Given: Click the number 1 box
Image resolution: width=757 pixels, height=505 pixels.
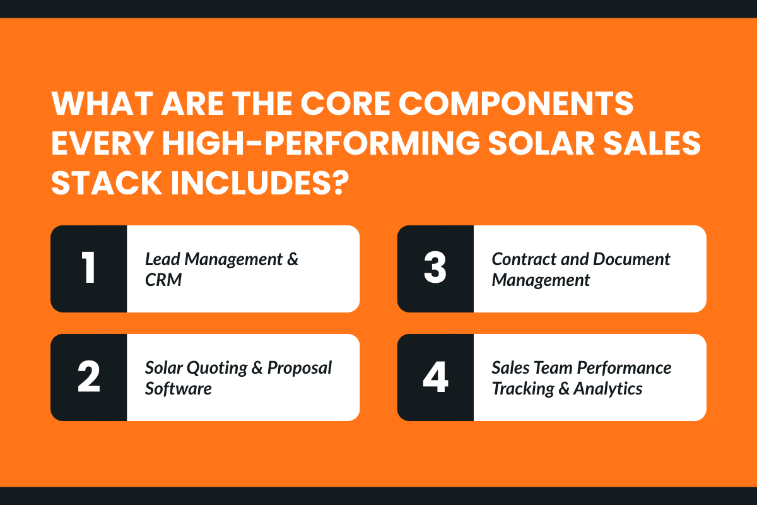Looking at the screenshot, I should tap(89, 269).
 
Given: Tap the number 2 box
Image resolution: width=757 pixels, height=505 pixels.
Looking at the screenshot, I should tap(89, 377).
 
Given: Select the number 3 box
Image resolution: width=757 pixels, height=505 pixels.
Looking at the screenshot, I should tap(435, 269).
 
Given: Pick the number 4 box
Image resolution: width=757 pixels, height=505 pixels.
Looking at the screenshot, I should tap(435, 377).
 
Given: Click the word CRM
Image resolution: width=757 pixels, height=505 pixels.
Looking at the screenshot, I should tap(163, 279).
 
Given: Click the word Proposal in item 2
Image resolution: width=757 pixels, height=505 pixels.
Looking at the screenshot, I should tap(300, 367).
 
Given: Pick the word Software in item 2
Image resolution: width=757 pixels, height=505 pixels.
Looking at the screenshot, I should tap(179, 388).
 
